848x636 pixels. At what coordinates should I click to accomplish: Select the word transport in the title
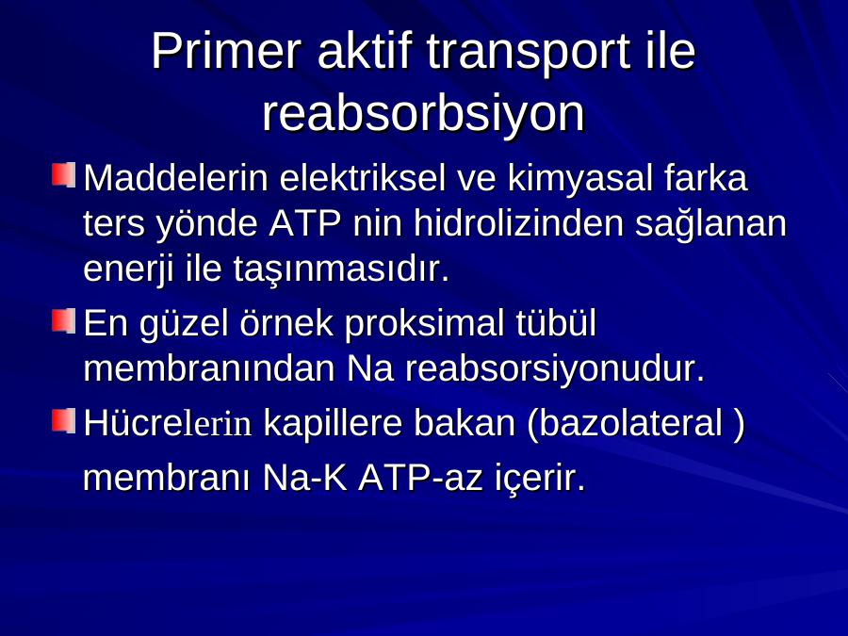[529, 53]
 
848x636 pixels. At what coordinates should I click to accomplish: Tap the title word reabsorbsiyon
[423, 115]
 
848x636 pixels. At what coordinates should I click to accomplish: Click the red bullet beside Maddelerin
[63, 175]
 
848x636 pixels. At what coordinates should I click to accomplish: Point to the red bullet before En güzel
[63, 320]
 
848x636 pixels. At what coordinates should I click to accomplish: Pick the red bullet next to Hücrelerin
[63, 421]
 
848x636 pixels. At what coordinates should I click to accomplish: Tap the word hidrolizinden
[519, 222]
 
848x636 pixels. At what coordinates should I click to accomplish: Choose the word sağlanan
[710, 224]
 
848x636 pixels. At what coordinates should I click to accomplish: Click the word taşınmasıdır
[342, 269]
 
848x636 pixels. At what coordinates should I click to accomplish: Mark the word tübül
[556, 322]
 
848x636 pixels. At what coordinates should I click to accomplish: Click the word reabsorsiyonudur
[556, 369]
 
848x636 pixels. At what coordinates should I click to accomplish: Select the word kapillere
[333, 424]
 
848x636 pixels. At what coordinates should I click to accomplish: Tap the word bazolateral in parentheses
[631, 422]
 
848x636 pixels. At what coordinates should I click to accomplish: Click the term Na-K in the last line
[304, 478]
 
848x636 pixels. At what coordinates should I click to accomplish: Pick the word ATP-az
[420, 478]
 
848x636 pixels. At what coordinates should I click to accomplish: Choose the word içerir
[540, 479]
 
